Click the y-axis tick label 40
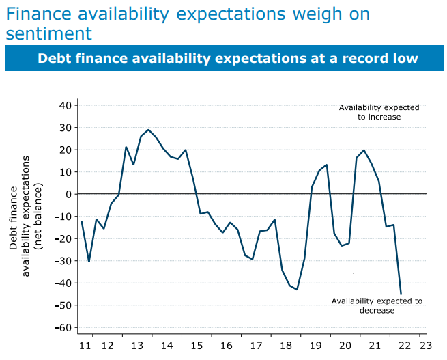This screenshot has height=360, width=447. pos(66,105)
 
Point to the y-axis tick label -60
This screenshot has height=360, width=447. pos(63,327)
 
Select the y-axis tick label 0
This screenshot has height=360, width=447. pos(69,194)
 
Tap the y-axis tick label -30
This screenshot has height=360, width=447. pos(63,261)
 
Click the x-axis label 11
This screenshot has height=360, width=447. pos(84,346)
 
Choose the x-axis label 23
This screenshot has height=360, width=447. pos(425,346)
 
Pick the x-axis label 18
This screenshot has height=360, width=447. pos(286,346)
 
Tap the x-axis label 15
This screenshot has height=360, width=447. pos(197,346)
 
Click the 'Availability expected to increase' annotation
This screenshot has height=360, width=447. pos(379,112)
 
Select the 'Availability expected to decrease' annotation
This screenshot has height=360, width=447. pos(377,305)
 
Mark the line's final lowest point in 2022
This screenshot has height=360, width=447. pos(401,294)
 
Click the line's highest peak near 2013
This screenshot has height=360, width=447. pos(148,130)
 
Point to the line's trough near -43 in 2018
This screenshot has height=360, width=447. pos(297,290)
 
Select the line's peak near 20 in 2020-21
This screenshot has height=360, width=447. pos(364,150)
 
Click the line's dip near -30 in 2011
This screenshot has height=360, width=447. pos(89,261)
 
